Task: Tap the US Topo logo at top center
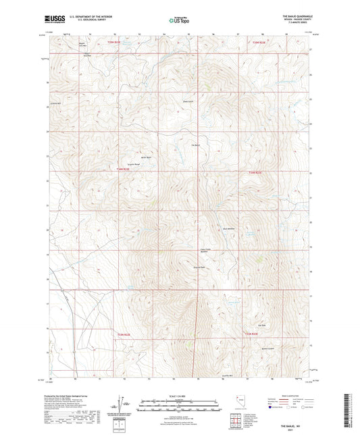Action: [x=179, y=21]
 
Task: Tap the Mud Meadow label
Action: [x=230, y=229]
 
